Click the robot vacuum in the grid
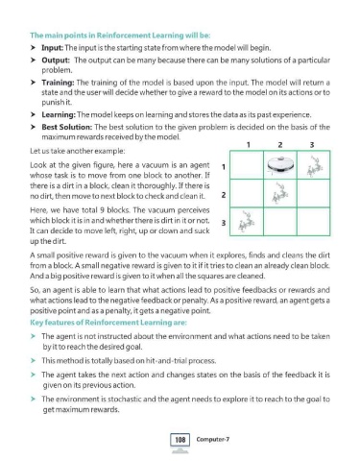280,164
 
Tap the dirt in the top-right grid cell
314,166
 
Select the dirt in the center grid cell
279,193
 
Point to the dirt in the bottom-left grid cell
246,222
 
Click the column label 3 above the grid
312,145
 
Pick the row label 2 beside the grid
224,195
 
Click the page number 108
180,440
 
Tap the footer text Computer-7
213,439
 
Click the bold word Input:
53,48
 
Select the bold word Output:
56,61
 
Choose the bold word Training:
58,83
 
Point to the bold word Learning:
59,114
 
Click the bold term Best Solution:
67,127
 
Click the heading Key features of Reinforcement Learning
108,323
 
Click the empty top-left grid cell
247,164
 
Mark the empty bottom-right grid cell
313,222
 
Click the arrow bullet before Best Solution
33,127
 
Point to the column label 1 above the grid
249,145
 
